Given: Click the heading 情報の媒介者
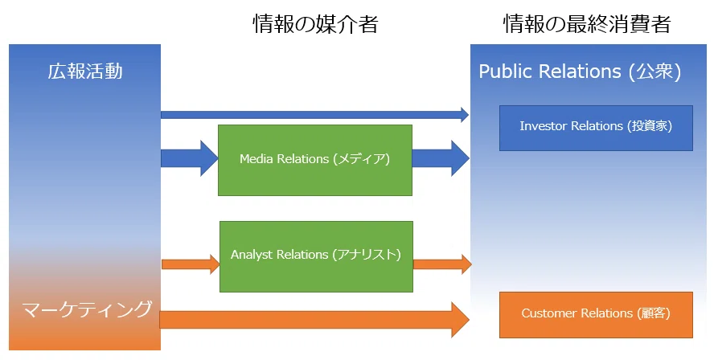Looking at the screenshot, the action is point(315,24).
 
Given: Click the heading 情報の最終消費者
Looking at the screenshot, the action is point(587,24).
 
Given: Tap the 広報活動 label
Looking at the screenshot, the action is point(85,72).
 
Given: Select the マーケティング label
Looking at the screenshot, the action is point(87,309).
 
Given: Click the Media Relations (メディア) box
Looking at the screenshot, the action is point(315,160).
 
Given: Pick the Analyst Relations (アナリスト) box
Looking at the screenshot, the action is point(317,256).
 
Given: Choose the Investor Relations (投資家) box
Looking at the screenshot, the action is point(596,128).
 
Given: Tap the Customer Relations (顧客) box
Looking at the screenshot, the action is point(596,315).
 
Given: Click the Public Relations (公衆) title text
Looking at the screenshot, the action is point(580,72).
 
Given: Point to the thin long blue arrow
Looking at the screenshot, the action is point(314,115).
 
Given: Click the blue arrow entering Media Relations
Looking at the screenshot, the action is point(190,158).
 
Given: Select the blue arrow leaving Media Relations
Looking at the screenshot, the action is point(441,158).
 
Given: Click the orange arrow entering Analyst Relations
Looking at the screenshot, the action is point(191,264).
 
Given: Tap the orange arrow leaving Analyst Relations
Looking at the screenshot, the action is point(442,264).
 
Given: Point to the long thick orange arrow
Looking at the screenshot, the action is point(314,320).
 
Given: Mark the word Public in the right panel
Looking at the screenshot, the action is point(505,72).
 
